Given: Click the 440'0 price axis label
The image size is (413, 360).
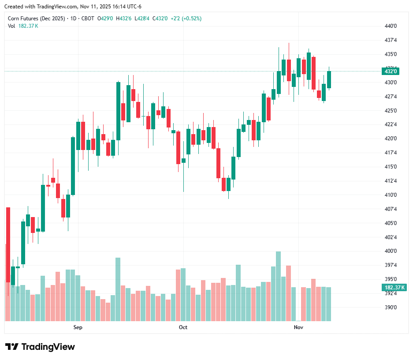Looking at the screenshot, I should coord(391,26).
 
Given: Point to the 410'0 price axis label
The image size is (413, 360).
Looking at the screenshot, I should coord(391,195).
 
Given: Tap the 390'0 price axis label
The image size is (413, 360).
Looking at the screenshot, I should coord(391,307).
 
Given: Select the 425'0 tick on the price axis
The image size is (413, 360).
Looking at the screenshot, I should coord(391,111).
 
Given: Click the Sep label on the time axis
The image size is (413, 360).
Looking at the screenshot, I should coord(78,327).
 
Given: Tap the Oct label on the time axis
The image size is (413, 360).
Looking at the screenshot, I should coord(183,327).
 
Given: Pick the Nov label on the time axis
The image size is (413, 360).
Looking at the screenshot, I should coord(299,327).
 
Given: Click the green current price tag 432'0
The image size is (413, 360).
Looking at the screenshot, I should coord(391,71).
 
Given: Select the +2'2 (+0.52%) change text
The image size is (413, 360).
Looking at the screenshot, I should coord(186,19).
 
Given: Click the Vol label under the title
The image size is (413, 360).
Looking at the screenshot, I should coord(11,26).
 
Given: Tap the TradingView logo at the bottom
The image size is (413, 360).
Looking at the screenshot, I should coord(40,347).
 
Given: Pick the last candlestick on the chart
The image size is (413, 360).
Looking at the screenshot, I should coord(329,79).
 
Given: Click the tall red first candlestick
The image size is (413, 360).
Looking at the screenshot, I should coord(8,244).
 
